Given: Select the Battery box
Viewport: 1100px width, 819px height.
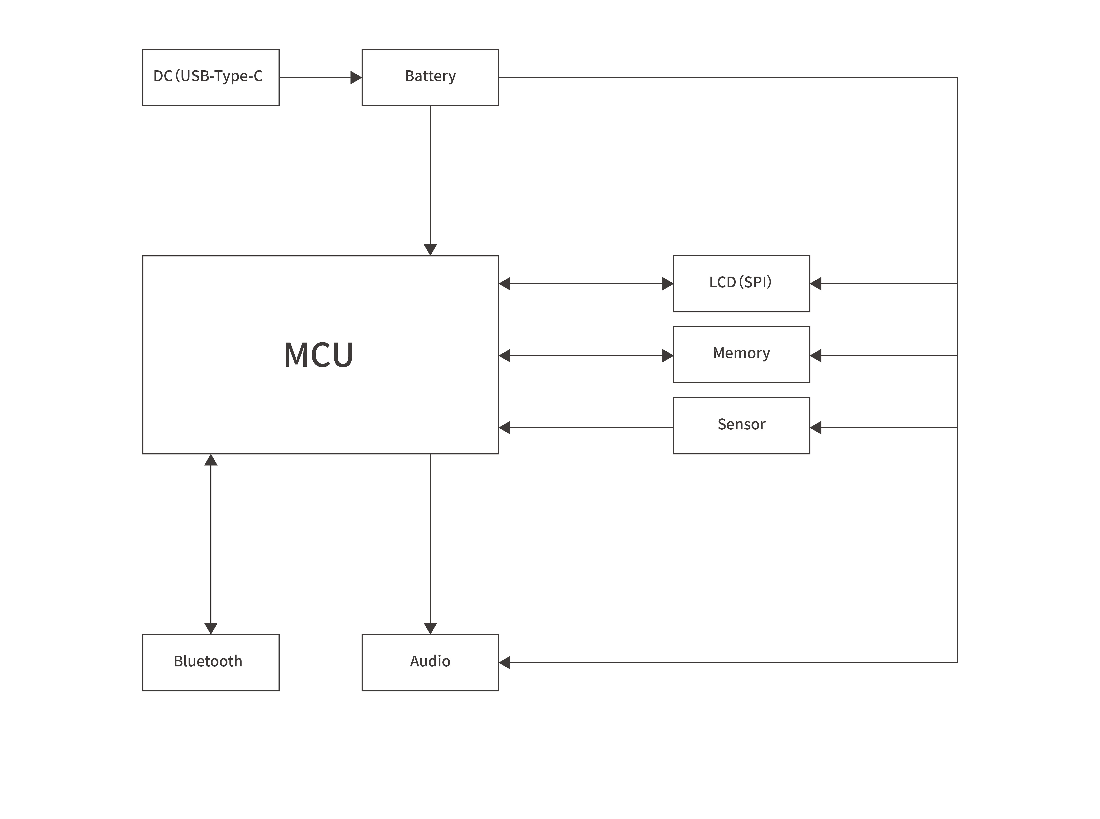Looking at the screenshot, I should (430, 77).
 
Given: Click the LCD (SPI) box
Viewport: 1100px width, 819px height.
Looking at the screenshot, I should (741, 284).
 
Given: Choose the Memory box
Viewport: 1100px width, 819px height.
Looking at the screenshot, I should (741, 354).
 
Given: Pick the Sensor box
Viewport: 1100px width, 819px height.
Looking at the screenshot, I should (741, 425).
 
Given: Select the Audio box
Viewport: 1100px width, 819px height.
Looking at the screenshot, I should (430, 662).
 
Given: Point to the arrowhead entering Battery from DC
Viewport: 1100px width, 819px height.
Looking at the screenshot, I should (356, 77).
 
